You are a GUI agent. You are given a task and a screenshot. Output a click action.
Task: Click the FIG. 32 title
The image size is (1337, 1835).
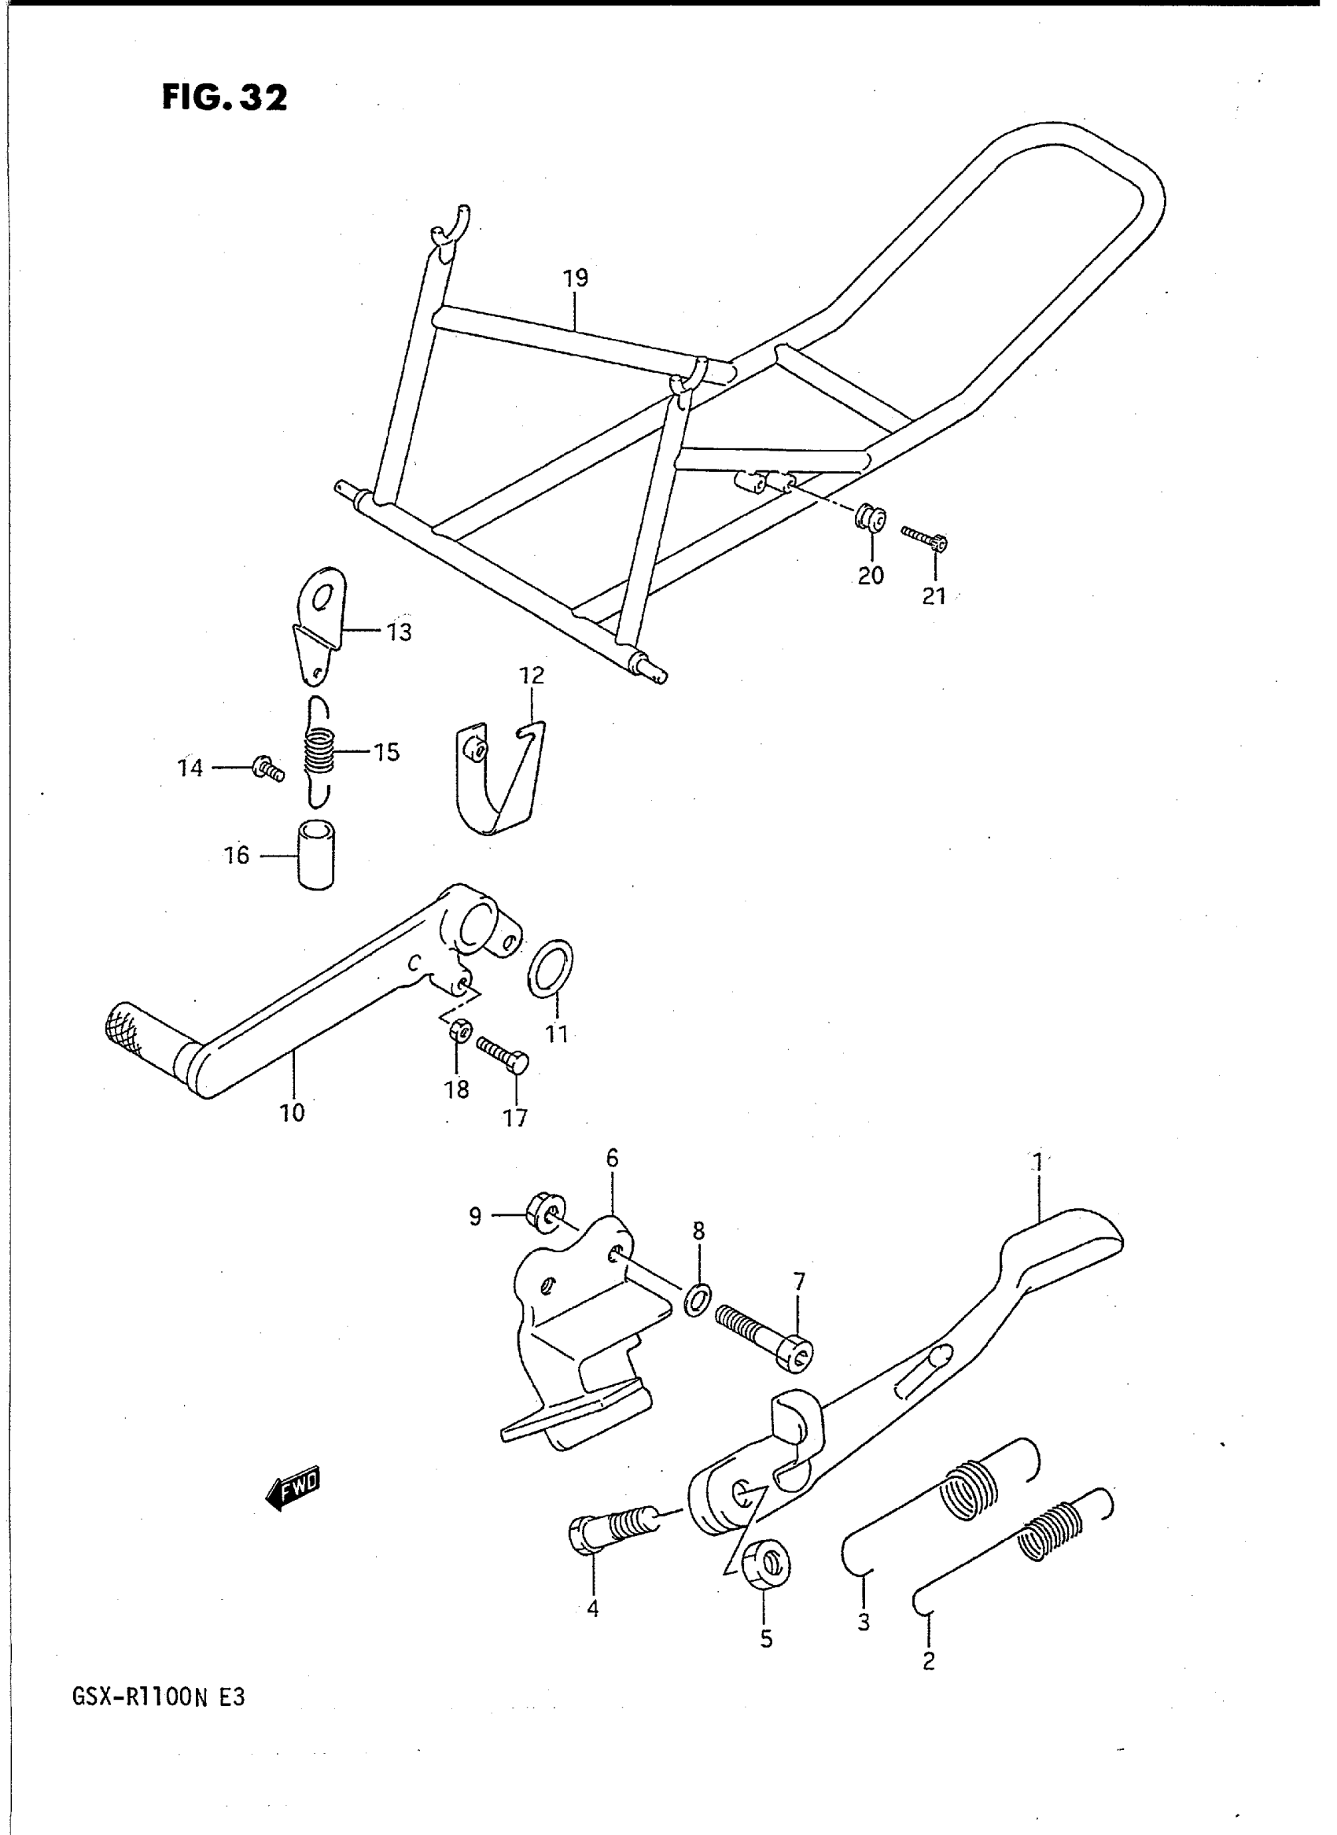224,98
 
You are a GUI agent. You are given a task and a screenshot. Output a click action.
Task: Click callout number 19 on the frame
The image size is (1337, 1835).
576,278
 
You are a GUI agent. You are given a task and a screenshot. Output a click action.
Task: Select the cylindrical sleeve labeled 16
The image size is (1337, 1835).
315,856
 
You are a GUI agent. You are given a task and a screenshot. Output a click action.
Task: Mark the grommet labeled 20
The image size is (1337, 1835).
871,518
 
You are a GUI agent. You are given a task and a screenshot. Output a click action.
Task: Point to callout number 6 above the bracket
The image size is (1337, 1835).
612,1159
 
